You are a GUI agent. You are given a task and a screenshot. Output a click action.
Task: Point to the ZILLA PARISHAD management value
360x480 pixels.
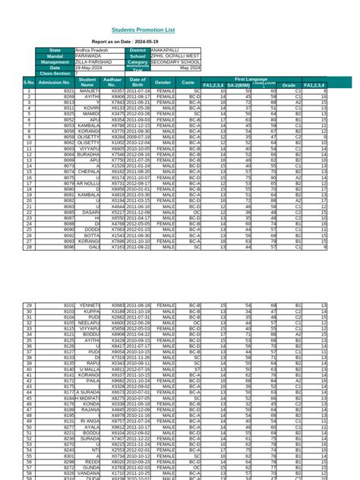click(x=92, y=62)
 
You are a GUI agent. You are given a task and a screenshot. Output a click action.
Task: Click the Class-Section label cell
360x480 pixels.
click(x=55, y=73)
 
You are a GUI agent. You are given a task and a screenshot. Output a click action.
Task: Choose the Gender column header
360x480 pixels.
click(x=163, y=81)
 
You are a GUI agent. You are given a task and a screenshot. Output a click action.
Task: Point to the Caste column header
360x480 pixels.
click(x=188, y=81)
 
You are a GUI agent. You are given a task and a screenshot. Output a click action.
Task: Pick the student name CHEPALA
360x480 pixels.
click(x=88, y=172)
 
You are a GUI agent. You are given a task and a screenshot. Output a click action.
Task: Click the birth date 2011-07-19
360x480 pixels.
click(x=137, y=91)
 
